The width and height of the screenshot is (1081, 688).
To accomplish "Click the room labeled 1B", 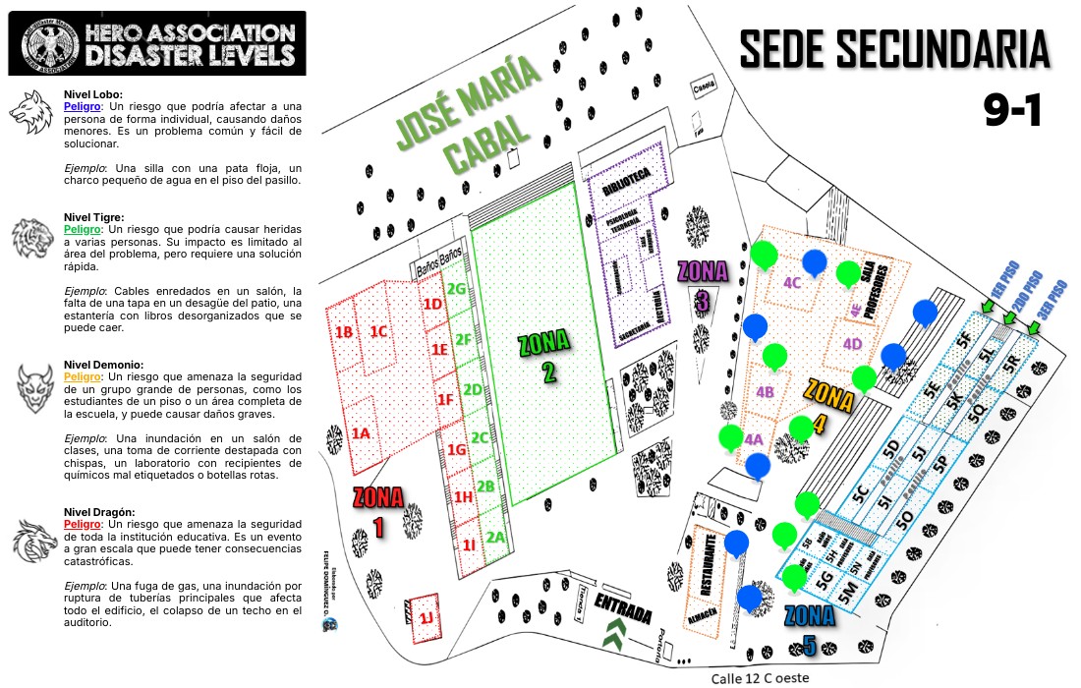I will [344, 332].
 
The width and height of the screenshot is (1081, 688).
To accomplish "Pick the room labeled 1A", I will [361, 432].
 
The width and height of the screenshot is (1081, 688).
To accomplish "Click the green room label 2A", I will [495, 538].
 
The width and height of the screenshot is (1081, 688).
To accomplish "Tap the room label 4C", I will [794, 282].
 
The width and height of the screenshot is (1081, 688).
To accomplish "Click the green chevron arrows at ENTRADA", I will [616, 635].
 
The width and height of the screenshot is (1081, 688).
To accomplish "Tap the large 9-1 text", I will [1011, 111].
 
